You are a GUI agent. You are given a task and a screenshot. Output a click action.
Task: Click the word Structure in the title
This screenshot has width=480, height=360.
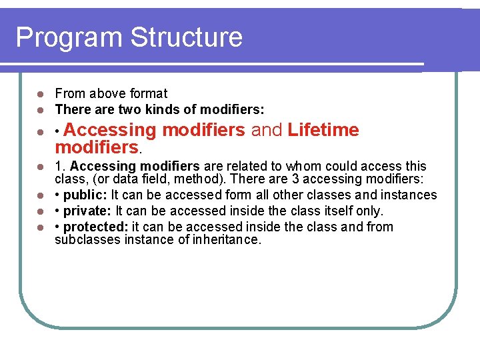point(187,37)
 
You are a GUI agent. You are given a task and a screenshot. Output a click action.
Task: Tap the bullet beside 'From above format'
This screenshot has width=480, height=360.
point(40,94)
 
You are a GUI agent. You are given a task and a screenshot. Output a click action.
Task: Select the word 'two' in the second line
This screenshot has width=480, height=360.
point(129,109)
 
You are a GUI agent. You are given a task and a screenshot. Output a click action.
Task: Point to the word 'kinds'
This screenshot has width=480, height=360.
point(163,109)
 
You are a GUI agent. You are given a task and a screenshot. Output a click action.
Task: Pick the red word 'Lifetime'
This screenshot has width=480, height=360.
point(323,130)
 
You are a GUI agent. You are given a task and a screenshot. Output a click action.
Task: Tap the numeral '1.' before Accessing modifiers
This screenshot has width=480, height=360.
point(61,166)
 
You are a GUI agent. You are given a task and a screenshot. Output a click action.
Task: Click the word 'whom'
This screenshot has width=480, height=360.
point(304,166)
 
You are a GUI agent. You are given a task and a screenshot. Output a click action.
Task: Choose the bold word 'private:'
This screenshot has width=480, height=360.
point(88,211)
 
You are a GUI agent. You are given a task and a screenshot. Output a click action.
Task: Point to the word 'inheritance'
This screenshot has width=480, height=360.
point(225,240)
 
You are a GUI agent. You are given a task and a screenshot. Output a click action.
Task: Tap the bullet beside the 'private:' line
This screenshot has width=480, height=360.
point(40,212)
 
